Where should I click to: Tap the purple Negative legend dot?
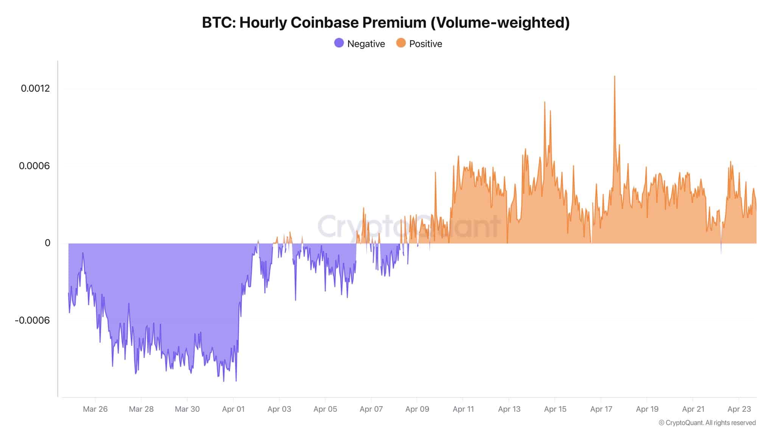coord(339,43)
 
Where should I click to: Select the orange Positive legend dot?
coord(401,43)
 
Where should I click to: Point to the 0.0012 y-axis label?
coord(35,89)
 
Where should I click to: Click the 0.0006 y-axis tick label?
coord(34,166)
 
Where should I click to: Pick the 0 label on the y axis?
coord(47,243)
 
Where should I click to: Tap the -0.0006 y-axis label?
coord(33,320)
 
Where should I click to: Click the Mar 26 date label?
coord(95,409)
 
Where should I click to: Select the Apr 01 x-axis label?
coord(233,409)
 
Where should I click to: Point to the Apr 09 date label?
coord(417,409)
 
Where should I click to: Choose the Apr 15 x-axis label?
coord(555,409)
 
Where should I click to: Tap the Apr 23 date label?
coord(739,409)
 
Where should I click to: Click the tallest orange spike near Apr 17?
coord(615,78)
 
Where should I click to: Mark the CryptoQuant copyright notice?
coord(707,423)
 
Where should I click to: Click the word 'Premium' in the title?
coord(394,23)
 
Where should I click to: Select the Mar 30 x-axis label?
coord(187,409)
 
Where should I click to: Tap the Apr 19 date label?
coord(647,409)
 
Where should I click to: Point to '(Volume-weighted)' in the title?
coord(500,23)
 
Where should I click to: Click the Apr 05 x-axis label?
coord(325,409)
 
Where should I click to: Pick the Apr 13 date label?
coord(509,409)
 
